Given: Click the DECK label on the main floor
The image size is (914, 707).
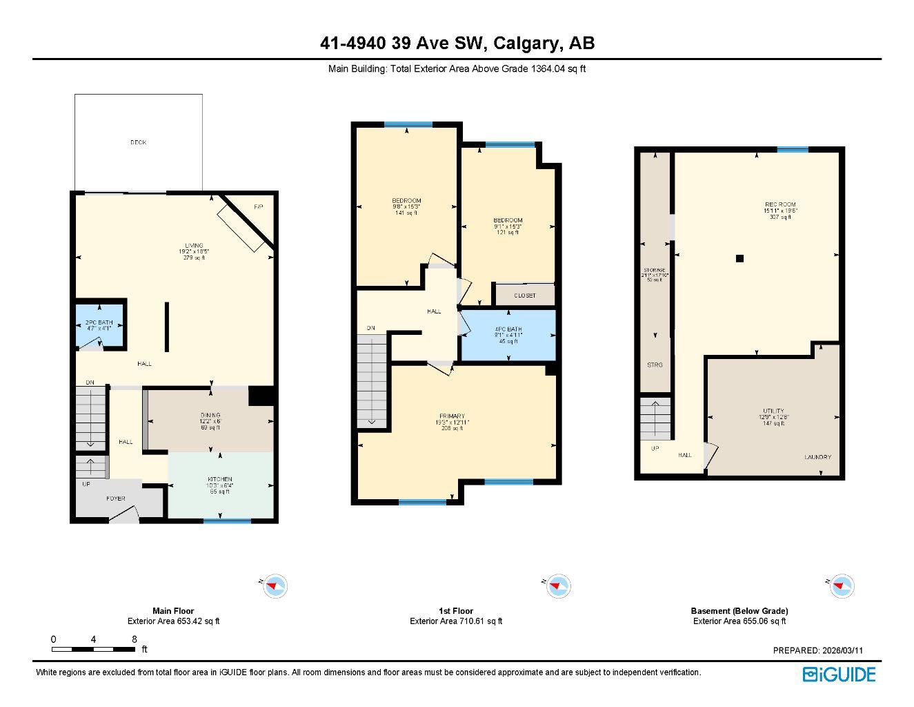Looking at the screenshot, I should [138, 142].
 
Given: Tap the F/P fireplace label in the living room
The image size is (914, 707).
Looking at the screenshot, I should [259, 207].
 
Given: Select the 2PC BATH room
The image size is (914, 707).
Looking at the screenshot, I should [99, 325].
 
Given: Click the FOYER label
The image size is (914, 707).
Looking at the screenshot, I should [115, 498].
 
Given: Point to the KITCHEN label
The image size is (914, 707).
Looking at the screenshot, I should [220, 479].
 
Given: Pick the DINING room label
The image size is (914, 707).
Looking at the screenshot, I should [210, 415].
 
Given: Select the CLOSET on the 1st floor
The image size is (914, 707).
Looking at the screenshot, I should [525, 296].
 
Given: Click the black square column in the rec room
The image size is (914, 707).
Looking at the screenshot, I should [739, 258].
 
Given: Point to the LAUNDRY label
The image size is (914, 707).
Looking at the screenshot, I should [817, 457].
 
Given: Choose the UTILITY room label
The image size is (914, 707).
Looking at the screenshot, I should [773, 411].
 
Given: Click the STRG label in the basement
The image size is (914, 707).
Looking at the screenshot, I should [655, 365].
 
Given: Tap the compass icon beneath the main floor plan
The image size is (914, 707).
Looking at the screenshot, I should [276, 586].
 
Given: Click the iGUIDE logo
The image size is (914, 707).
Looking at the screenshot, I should [839, 675].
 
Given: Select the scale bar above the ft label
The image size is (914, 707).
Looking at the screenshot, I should [93, 649].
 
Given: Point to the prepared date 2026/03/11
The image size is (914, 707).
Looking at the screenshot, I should [818, 650].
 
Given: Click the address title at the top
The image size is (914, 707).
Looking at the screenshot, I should [457, 43].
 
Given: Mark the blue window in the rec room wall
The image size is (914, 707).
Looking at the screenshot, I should [793, 150].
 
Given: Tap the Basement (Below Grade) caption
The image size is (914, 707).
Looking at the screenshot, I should [739, 611].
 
